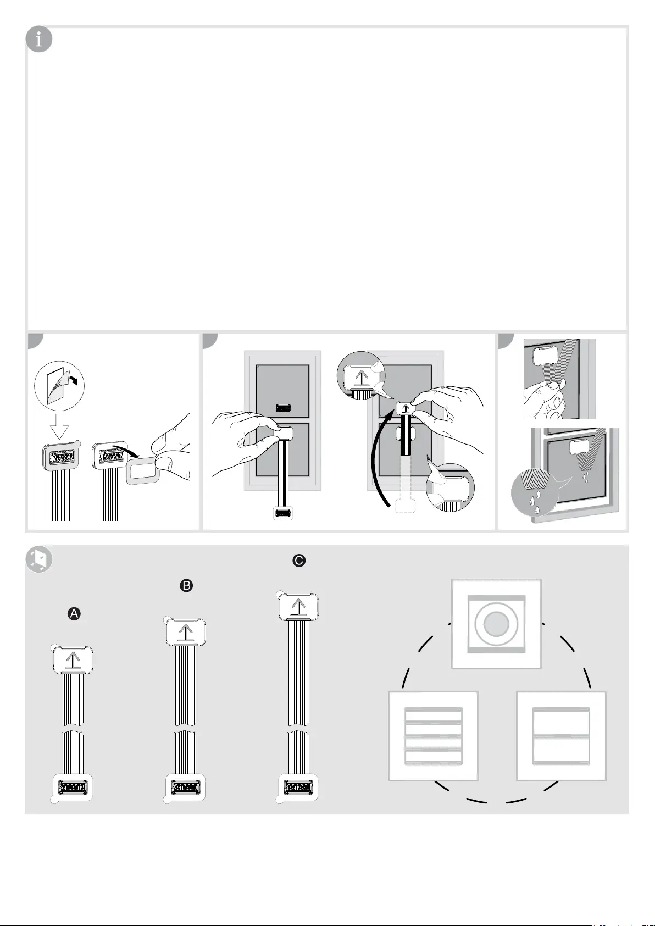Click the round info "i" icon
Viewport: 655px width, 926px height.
(x=39, y=40)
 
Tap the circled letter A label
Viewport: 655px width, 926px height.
(x=74, y=614)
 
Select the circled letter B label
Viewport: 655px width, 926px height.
(x=186, y=586)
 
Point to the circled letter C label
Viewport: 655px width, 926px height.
(x=298, y=561)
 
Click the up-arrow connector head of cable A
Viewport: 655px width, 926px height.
(x=74, y=659)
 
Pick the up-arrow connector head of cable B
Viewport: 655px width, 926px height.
(x=186, y=632)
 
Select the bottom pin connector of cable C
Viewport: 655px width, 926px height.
(x=297, y=788)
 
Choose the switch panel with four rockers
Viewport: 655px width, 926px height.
(x=433, y=736)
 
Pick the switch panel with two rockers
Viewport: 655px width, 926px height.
(x=561, y=736)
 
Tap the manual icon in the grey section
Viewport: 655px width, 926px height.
(x=39, y=559)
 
